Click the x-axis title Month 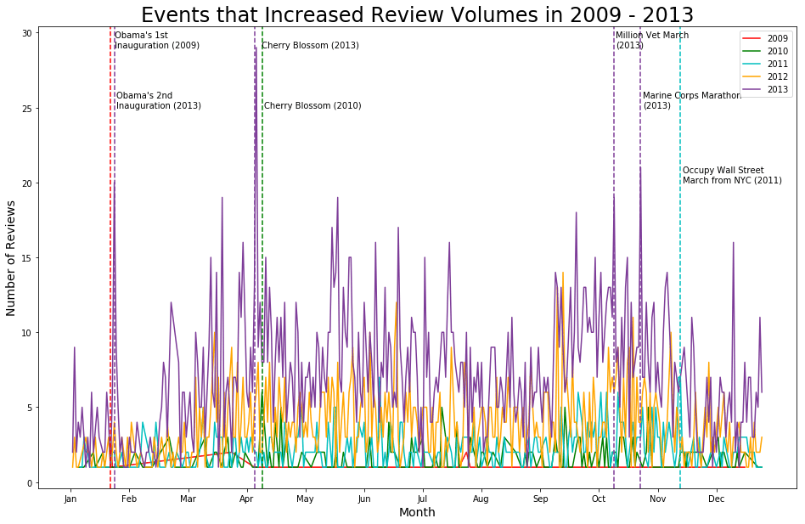417,513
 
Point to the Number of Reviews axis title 12,258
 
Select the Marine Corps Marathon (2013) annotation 691,100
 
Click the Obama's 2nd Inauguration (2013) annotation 158,100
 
